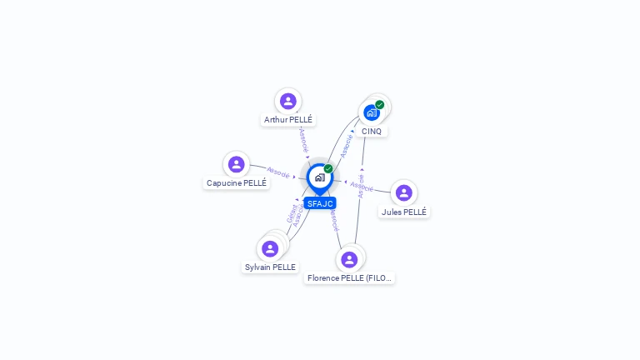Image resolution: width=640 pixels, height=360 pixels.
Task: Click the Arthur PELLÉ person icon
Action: [x=288, y=101]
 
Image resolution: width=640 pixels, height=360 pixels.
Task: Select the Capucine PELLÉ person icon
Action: [x=237, y=164]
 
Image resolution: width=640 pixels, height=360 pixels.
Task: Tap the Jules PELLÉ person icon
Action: [x=404, y=193]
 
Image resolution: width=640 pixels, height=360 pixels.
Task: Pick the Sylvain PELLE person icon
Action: [x=270, y=248]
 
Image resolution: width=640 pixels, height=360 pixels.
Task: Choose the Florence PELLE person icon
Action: [x=349, y=259]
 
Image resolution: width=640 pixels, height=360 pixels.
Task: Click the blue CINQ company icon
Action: [x=372, y=112]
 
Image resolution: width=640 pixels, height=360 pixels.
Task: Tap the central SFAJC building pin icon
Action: [x=319, y=177]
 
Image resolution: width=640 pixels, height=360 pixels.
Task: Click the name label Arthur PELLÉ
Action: [x=288, y=120]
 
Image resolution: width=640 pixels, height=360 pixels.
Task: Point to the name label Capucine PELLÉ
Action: [x=237, y=183]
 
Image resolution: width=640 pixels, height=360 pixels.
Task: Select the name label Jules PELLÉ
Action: [x=404, y=212]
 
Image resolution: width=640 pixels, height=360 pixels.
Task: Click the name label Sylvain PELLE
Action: [x=270, y=267]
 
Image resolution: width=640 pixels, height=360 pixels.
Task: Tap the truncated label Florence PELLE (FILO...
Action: [x=349, y=278]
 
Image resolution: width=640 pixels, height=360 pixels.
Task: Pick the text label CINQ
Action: [x=372, y=132]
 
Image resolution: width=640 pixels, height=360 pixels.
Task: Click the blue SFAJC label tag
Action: [x=320, y=203]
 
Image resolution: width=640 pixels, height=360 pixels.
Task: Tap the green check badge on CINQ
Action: [x=380, y=105]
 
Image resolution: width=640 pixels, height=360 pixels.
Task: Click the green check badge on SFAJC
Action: [x=328, y=168]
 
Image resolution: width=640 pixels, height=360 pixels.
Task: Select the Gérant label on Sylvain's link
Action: [x=292, y=213]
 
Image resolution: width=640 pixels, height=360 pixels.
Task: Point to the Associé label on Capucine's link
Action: [x=278, y=172]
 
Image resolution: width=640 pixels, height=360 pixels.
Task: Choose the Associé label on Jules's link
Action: [x=362, y=185]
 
